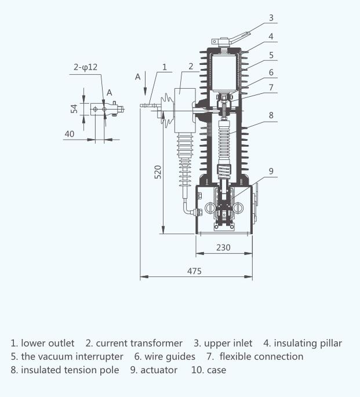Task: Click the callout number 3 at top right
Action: [x=271, y=18]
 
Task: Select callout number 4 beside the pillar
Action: [x=271, y=36]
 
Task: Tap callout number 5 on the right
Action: [x=271, y=55]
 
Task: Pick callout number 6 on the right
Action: [x=271, y=72]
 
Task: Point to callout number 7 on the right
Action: [x=271, y=88]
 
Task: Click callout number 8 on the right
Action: [x=271, y=115]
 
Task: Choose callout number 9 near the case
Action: [x=271, y=171]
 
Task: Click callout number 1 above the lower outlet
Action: [x=165, y=67]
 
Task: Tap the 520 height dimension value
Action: [x=158, y=172]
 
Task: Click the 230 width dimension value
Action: [x=223, y=247]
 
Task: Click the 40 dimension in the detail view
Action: [x=70, y=134]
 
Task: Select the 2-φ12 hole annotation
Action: [x=85, y=67]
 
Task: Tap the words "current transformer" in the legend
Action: [x=139, y=343]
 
